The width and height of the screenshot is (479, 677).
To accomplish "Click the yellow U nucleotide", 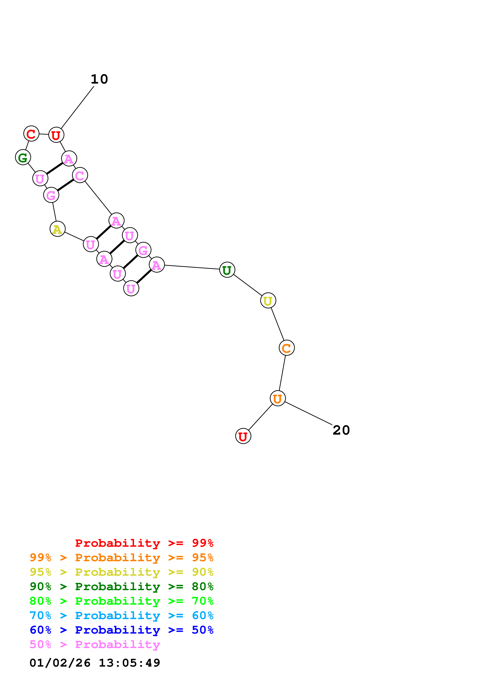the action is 268,300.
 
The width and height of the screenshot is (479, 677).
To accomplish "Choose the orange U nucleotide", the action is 278,398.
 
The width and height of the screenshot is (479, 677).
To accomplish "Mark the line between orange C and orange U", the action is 282,373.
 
